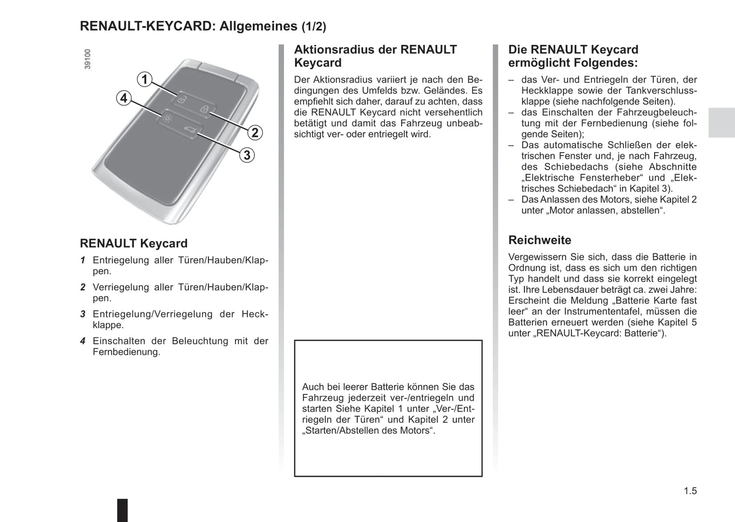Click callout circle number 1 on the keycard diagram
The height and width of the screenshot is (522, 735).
coord(145,79)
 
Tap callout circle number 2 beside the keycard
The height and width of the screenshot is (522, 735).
coord(255,133)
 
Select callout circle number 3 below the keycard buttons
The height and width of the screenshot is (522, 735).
coord(247,155)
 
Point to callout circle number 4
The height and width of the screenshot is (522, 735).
coord(124,98)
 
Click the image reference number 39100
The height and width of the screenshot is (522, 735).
coord(87,59)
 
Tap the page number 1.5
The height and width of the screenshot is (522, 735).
coord(690,491)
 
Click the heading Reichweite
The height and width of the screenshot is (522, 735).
coord(540,240)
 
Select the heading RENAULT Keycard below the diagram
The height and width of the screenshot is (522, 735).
coord(134,243)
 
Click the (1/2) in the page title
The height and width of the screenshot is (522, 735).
coord(314,26)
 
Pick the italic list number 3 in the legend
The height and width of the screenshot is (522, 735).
coord(82,314)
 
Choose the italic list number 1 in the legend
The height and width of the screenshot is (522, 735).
coord(82,260)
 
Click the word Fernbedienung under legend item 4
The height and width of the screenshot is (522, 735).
coord(126,352)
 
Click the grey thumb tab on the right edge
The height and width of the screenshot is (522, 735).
coord(721,123)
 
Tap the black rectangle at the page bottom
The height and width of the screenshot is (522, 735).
coord(123,510)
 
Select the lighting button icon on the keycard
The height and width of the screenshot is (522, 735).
coord(167,119)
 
